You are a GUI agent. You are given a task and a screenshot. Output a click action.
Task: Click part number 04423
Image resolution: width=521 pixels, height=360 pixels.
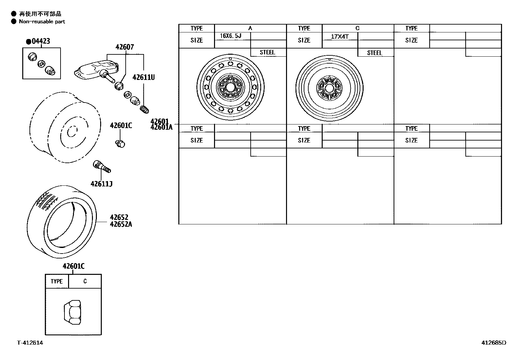click(x=41, y=41)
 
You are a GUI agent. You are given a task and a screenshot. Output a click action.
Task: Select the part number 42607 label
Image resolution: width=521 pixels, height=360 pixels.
click(x=124, y=47)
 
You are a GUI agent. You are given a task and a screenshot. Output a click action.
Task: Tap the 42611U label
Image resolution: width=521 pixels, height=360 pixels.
click(x=143, y=77)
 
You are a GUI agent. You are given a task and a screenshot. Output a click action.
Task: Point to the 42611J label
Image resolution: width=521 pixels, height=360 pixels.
click(x=101, y=184)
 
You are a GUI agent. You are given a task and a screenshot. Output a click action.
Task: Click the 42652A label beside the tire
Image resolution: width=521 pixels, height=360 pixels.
click(x=121, y=224)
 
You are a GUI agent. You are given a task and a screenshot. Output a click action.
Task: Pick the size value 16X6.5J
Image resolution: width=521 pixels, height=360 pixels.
click(x=230, y=36)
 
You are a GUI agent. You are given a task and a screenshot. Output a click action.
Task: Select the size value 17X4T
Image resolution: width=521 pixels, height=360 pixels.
click(x=339, y=37)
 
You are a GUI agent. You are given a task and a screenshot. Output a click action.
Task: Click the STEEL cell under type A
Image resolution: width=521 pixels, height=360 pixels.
click(x=267, y=52)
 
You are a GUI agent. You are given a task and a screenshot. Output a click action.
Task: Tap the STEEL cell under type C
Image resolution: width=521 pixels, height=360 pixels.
click(x=375, y=53)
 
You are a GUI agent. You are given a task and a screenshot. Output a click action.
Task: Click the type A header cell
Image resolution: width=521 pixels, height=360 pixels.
click(x=250, y=28)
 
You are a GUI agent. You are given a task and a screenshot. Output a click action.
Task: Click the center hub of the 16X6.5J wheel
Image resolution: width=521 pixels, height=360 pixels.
click(x=230, y=87)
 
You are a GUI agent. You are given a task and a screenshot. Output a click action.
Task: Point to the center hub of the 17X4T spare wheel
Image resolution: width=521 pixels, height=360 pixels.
click(x=329, y=88)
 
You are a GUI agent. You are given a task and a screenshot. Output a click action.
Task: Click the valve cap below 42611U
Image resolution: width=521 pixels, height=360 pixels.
click(x=144, y=110)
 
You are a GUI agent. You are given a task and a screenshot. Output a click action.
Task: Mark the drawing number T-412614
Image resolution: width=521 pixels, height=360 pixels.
click(x=30, y=343)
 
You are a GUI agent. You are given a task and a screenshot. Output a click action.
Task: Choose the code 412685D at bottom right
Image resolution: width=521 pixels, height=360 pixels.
click(x=494, y=343)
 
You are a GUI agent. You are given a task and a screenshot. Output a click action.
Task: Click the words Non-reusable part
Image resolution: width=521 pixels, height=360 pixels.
click(x=42, y=22)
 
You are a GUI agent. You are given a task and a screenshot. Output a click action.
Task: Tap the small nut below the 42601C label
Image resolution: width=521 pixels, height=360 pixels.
click(x=120, y=143)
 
